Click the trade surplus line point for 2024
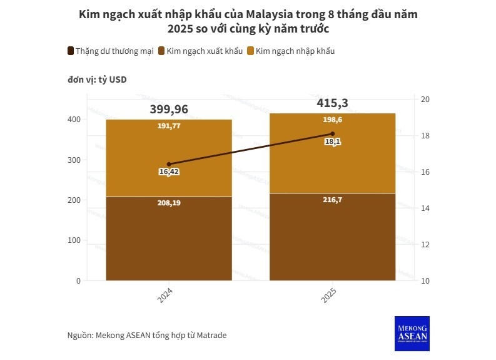(x=169, y=164)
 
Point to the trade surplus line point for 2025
(x=332, y=134)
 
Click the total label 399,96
(x=169, y=110)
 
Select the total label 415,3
(x=332, y=103)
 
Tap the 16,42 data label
(x=169, y=172)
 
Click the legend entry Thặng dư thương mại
(x=110, y=51)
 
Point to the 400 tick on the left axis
(x=74, y=120)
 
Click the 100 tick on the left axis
(x=74, y=240)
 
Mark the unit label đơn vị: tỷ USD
(x=97, y=80)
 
